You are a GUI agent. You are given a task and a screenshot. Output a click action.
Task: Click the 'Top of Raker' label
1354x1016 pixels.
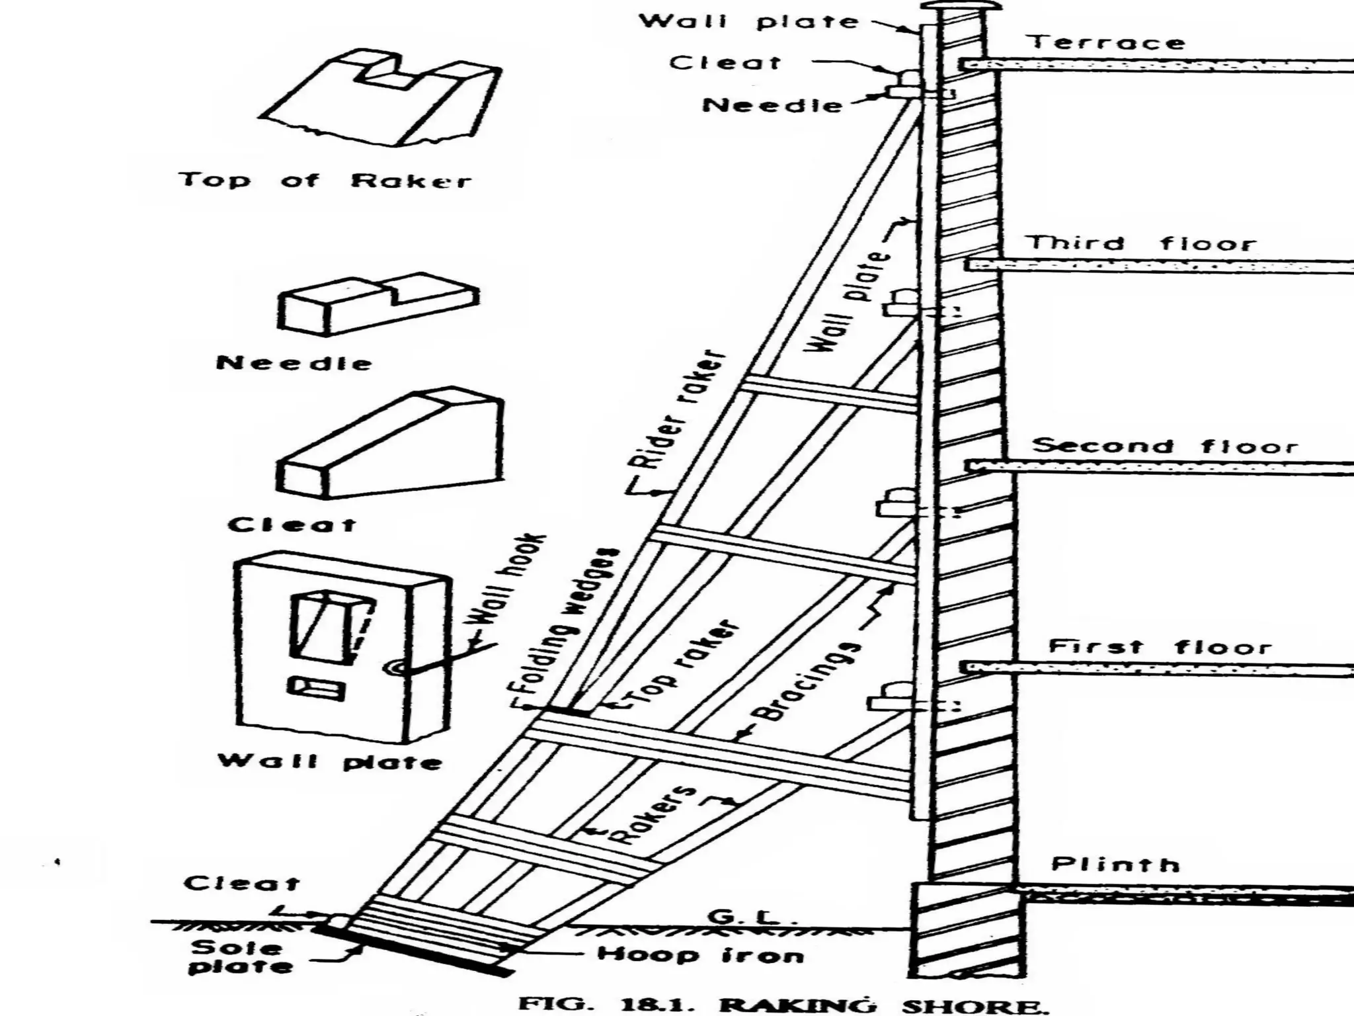[x=325, y=180]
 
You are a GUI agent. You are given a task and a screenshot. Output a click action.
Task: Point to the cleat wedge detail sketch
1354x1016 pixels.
[x=391, y=443]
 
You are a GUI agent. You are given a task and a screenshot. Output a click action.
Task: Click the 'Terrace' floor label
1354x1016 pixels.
[x=1106, y=43]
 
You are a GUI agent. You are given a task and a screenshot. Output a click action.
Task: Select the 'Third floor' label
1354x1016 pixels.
[x=1141, y=243]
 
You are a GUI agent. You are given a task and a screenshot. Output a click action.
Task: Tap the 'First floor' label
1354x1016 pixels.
[x=1160, y=646]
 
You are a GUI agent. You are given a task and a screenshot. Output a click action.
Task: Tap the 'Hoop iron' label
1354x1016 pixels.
[x=700, y=954]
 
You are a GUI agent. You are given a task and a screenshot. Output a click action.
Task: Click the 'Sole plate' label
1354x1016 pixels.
[x=241, y=956]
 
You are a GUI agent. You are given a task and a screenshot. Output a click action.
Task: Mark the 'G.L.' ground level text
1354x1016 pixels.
[x=744, y=917]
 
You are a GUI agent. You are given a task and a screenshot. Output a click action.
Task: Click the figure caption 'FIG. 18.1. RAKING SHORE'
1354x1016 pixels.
[x=783, y=1004]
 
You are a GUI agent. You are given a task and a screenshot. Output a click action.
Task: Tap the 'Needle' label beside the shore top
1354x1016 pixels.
[x=772, y=105]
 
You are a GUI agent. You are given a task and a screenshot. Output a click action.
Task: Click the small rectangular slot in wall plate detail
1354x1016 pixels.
[x=315, y=688]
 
